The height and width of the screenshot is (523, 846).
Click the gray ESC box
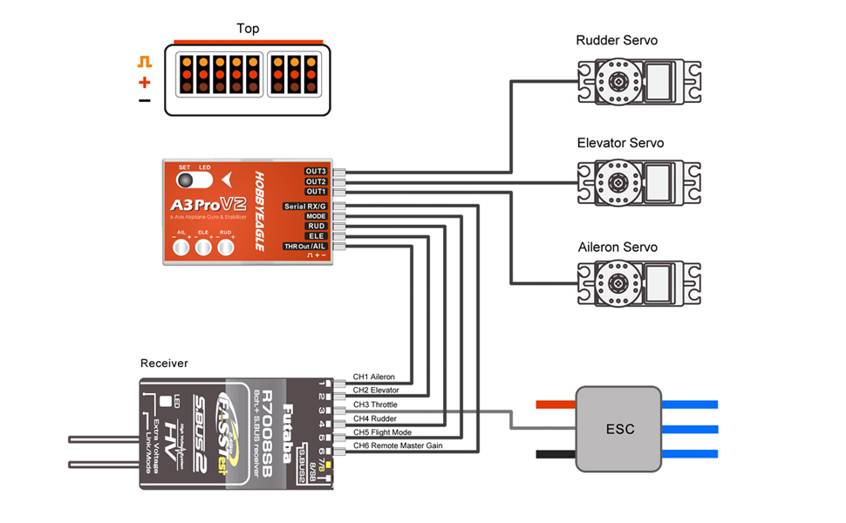point(620,429)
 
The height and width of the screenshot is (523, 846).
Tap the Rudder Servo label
point(617,40)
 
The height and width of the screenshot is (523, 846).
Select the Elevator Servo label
point(620,143)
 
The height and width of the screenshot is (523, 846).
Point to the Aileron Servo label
point(617,247)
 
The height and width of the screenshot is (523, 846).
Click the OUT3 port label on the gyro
point(316,171)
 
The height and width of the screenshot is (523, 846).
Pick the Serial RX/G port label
point(305,206)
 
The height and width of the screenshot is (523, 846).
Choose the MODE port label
point(316,215)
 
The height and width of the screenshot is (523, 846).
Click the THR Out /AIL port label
point(305,247)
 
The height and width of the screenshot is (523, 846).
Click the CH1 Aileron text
point(373,377)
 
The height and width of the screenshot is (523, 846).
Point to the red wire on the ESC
point(556,404)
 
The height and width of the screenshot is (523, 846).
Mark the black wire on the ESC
point(556,454)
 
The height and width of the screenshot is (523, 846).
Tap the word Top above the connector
point(248,29)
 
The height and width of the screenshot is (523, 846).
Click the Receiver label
point(164,363)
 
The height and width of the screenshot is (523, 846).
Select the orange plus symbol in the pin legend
point(145,83)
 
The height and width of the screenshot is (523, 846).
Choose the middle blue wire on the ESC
point(690,429)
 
